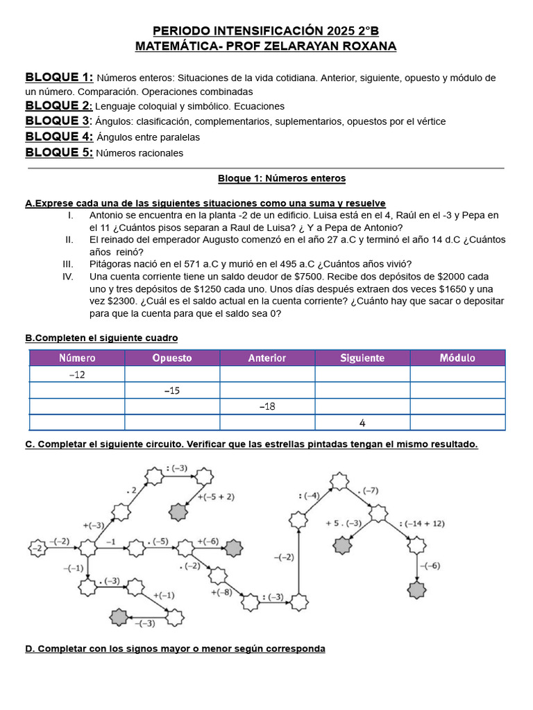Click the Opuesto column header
(172, 358)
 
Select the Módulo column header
(457, 358)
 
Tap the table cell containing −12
(77, 374)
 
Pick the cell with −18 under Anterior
(267, 407)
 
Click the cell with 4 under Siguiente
(362, 423)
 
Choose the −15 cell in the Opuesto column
(172, 390)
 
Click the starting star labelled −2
(37, 548)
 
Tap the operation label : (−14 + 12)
(421, 523)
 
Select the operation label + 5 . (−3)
(344, 523)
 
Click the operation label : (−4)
(308, 495)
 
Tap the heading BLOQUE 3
(58, 121)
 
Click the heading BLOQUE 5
(58, 153)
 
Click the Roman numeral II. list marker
(69, 239)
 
